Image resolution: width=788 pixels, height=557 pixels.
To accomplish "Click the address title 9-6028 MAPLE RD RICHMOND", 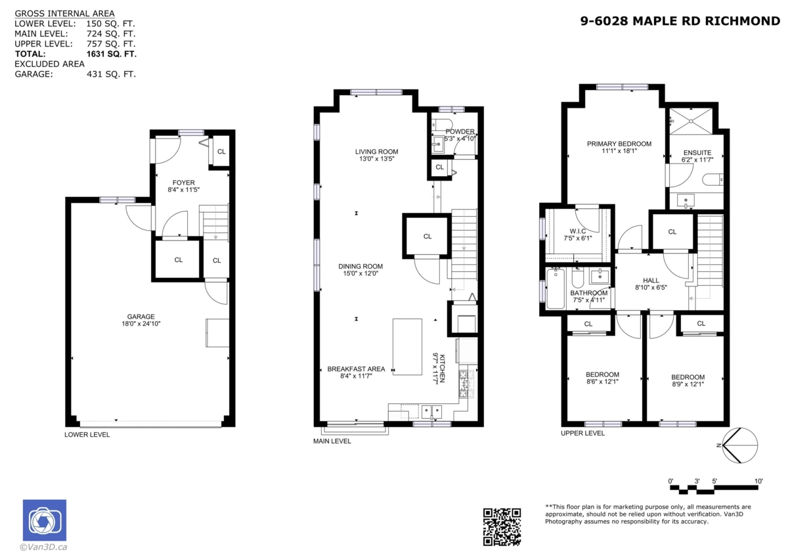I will click(680, 21).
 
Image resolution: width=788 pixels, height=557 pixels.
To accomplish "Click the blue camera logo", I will click(45, 521).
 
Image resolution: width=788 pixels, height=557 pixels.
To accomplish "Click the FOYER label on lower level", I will click(183, 183).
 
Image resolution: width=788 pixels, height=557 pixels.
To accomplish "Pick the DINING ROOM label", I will click(361, 266).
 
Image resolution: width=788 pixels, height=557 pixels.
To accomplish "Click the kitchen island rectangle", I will click(407, 346).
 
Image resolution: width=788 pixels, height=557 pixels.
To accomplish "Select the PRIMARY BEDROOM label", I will click(619, 144).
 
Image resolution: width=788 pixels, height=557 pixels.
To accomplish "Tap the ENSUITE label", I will click(697, 153).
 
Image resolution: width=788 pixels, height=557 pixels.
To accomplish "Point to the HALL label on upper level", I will click(651, 280).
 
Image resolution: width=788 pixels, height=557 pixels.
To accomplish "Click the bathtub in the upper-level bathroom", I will click(556, 288).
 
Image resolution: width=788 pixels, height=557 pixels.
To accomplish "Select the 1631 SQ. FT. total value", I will click(111, 54).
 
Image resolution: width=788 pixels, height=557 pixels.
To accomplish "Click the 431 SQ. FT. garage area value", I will click(111, 74).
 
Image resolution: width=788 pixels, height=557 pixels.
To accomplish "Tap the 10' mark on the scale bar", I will click(758, 481).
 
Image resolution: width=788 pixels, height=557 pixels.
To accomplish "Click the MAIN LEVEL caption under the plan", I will click(332, 441).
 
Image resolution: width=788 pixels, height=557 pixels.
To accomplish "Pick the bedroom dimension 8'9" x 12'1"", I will click(688, 384).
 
